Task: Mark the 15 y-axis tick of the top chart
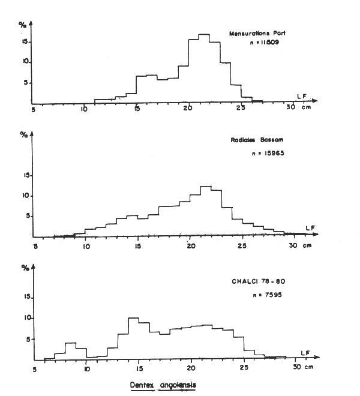(25, 41)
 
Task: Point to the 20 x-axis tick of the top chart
(187, 107)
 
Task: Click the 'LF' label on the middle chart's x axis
(308, 227)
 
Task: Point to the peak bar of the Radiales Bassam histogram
(205, 210)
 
